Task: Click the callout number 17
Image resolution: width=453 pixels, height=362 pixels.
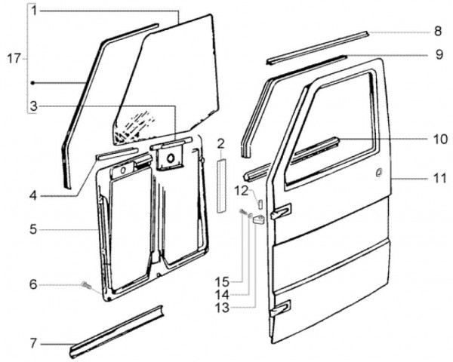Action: pyautogui.click(x=14, y=59)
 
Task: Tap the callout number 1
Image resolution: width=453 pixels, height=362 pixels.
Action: pyautogui.click(x=35, y=11)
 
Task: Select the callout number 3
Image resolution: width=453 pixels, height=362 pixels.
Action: pyautogui.click(x=34, y=106)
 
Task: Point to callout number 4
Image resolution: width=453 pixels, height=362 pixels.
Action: pyautogui.click(x=33, y=196)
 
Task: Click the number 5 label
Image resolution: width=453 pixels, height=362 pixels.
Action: pyautogui.click(x=33, y=230)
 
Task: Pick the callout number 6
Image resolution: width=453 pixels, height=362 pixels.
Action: pyautogui.click(x=33, y=285)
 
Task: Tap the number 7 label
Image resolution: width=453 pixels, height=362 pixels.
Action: pyautogui.click(x=33, y=344)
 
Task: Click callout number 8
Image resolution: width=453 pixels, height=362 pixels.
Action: pyautogui.click(x=438, y=31)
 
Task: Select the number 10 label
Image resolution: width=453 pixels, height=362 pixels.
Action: pyautogui.click(x=439, y=140)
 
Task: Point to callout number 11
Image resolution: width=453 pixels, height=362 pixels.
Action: pyautogui.click(x=440, y=179)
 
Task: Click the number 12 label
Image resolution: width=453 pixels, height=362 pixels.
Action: pyautogui.click(x=242, y=191)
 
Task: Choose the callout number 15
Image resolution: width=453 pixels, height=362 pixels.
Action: pyautogui.click(x=222, y=282)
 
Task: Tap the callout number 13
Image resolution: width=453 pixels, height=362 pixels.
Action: pyautogui.click(x=222, y=308)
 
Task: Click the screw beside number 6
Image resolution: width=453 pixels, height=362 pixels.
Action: pyautogui.click(x=86, y=286)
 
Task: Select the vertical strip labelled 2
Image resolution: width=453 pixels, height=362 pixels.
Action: pyautogui.click(x=221, y=186)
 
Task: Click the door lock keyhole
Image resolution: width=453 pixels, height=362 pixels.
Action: pyautogui.click(x=379, y=172)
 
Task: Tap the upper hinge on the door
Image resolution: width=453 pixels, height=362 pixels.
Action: pyautogui.click(x=281, y=211)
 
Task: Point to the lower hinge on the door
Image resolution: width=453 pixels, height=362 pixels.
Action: pyautogui.click(x=281, y=308)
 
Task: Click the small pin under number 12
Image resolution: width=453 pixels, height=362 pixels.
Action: pyautogui.click(x=260, y=203)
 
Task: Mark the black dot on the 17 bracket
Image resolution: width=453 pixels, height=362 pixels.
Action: pyautogui.click(x=32, y=83)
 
